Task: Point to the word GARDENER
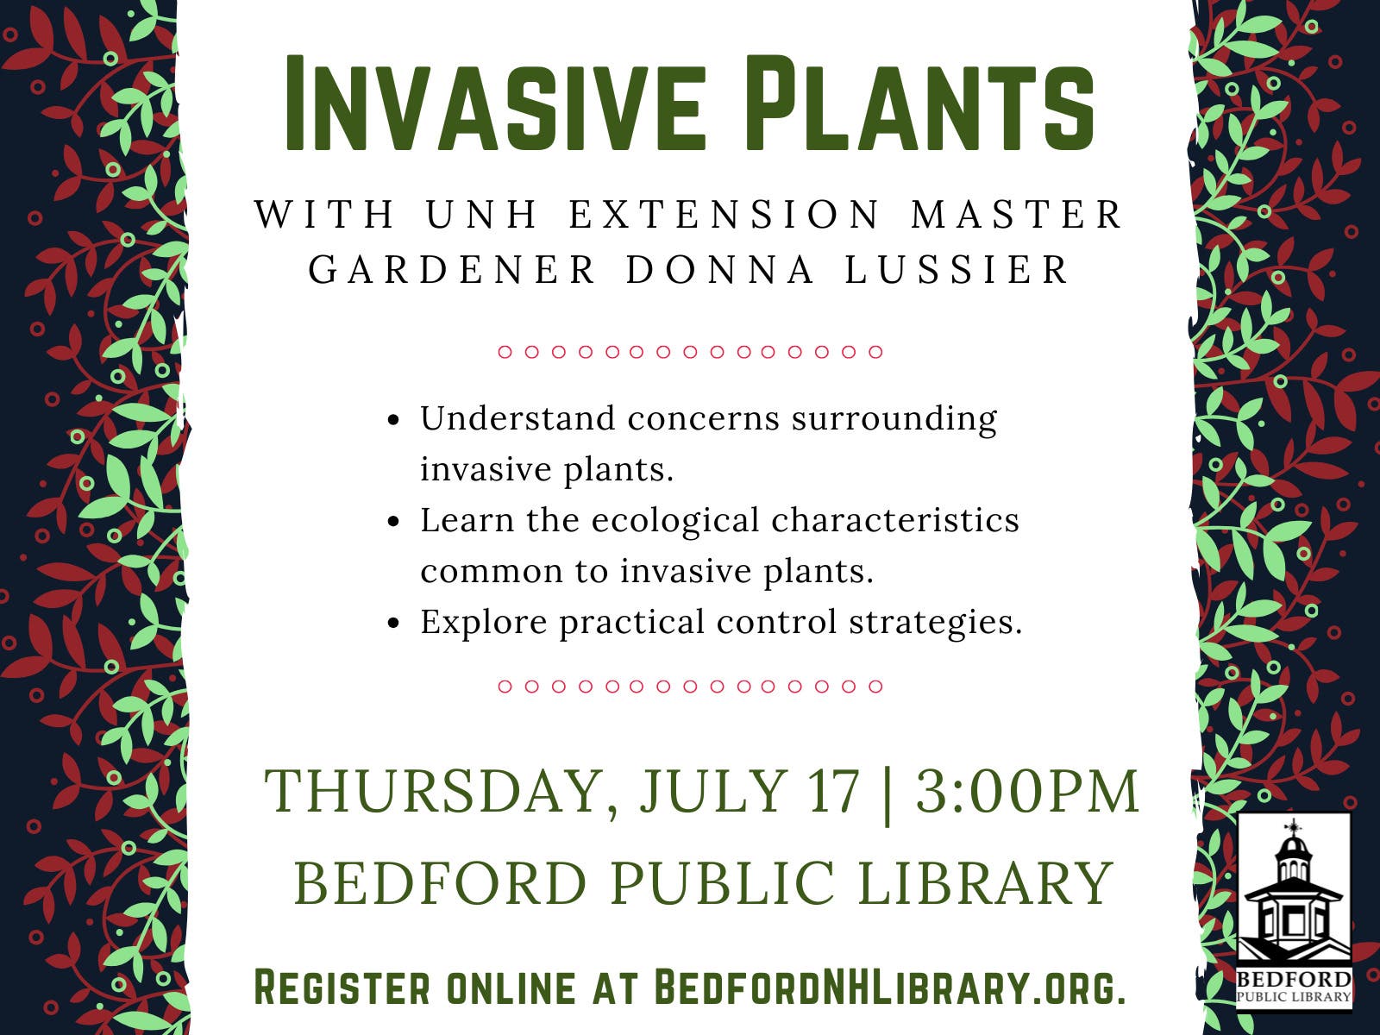pyautogui.click(x=453, y=270)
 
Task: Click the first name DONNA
pyautogui.click(x=721, y=270)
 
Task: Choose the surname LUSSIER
pyautogui.click(x=957, y=270)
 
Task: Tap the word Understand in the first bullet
pyautogui.click(x=517, y=419)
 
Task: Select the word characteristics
pyautogui.click(x=895, y=521)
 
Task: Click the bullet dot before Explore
pyautogui.click(x=393, y=624)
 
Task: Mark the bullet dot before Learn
pyautogui.click(x=393, y=522)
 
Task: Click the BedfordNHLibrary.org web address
pyautogui.click(x=888, y=988)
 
